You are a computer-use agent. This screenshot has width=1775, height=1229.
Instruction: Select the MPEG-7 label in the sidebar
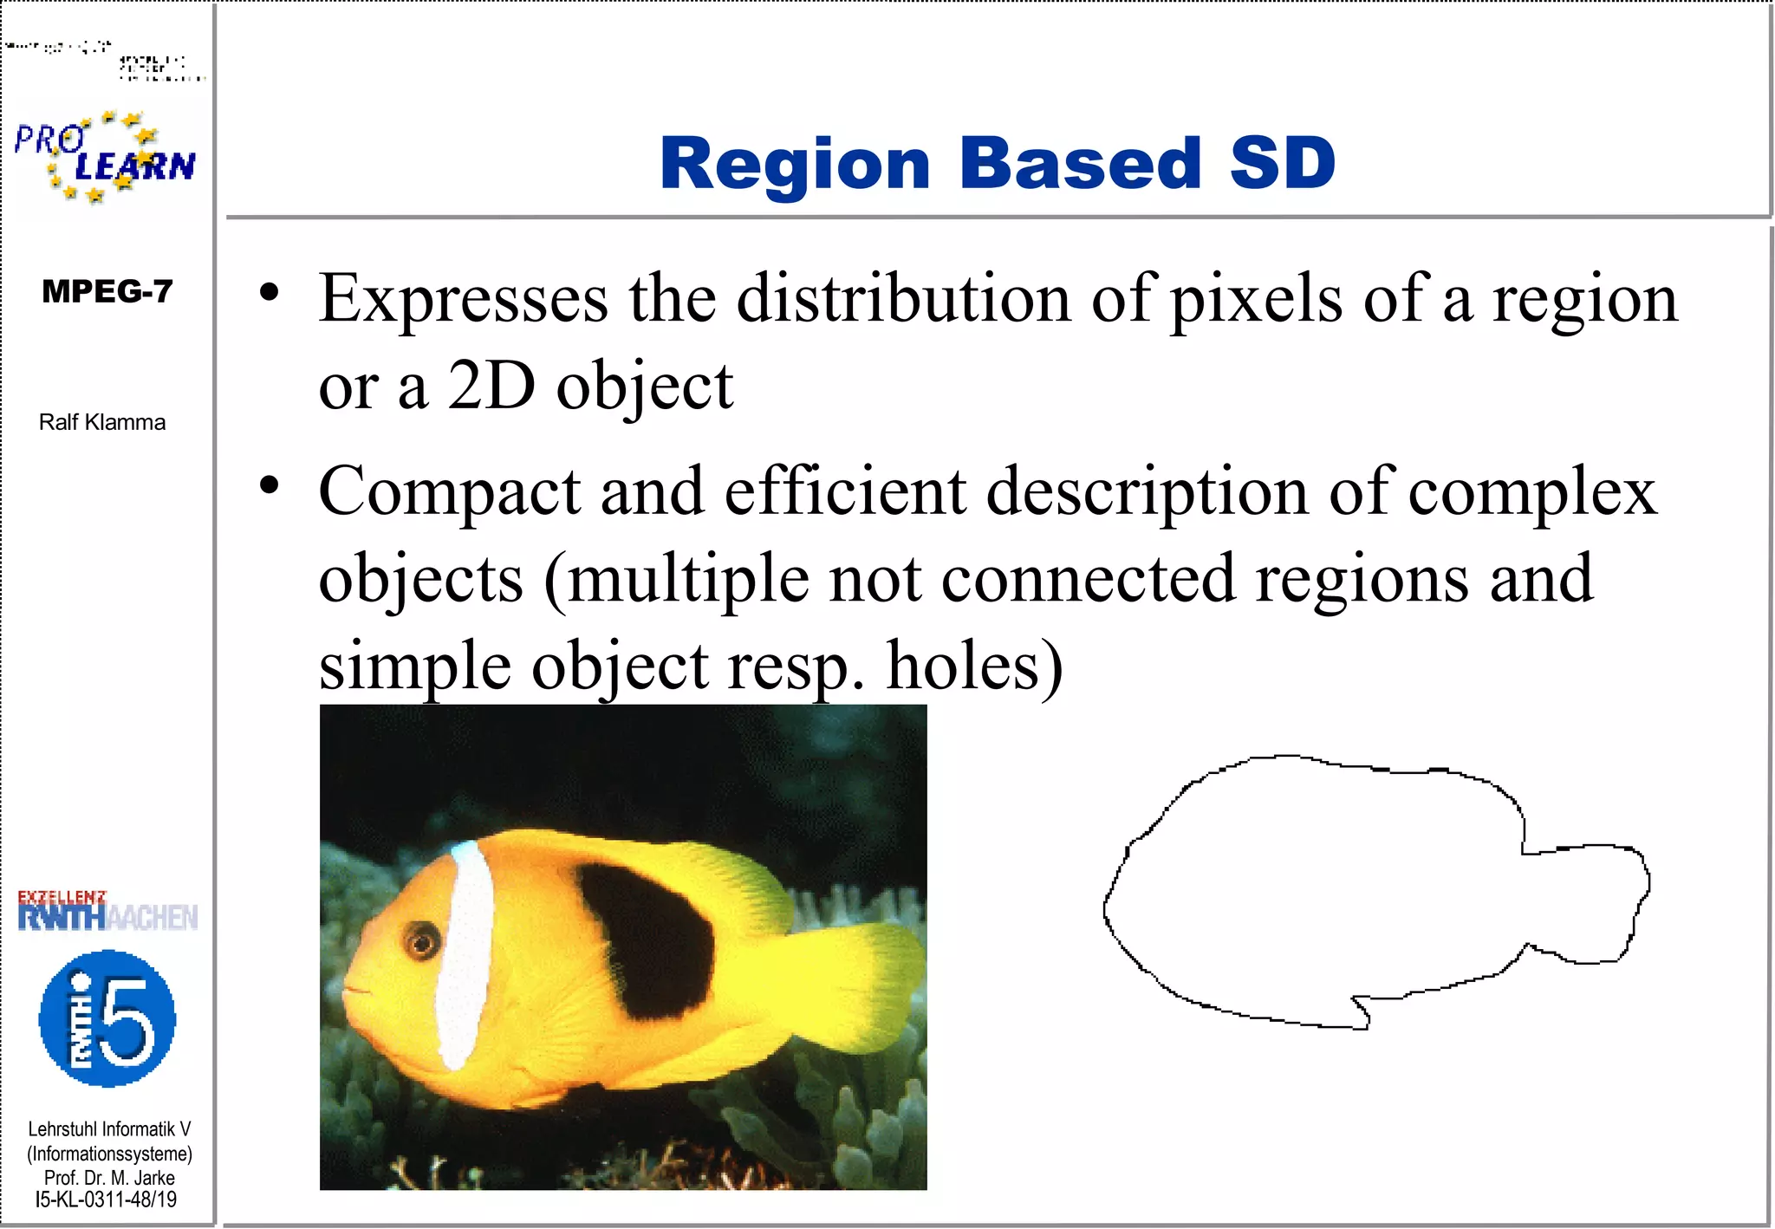pos(107,291)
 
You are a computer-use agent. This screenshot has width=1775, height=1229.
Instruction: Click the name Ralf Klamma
pos(102,422)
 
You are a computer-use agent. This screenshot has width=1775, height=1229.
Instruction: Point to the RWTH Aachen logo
pos(107,912)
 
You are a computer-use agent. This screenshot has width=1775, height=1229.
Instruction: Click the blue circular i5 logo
pos(107,1018)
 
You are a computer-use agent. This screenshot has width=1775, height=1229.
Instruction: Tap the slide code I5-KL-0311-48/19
pos(106,1200)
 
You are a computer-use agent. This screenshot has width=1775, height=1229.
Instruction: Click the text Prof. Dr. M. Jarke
pos(109,1178)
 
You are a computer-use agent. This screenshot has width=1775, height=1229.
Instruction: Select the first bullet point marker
pos(270,293)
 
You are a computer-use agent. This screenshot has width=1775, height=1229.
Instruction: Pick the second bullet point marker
pos(270,485)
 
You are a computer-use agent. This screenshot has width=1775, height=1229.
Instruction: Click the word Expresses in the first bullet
pos(464,299)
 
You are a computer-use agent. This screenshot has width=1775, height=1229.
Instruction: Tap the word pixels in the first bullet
pos(1257,299)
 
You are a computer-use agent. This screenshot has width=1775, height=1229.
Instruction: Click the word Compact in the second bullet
pos(449,491)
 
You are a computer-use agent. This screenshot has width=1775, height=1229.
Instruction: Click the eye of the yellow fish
pos(422,940)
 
